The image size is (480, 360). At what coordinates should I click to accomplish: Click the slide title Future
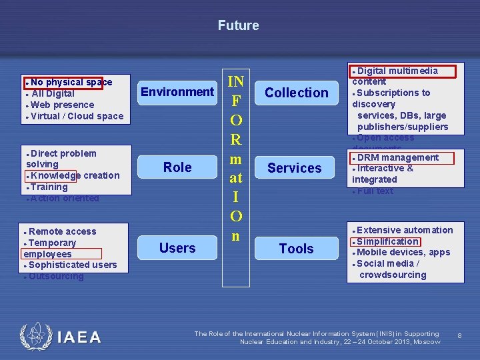click(x=238, y=26)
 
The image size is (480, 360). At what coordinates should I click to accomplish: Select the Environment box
click(x=177, y=92)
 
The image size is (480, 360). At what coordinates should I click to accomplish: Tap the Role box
click(x=177, y=167)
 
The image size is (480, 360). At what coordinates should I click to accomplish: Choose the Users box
click(x=177, y=248)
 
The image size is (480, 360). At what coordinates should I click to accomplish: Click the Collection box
click(x=297, y=93)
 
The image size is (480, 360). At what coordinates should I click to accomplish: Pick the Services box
click(x=295, y=168)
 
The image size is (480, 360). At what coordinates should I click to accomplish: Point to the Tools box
click(x=297, y=249)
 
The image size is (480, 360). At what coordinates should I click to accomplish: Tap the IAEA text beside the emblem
click(x=79, y=337)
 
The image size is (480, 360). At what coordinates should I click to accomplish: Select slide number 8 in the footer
click(x=459, y=336)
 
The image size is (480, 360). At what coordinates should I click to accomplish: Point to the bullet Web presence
click(x=62, y=105)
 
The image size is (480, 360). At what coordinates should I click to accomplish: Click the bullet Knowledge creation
click(x=75, y=175)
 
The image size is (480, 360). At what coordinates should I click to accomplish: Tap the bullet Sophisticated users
click(x=73, y=265)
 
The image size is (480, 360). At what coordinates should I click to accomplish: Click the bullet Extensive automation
click(x=405, y=230)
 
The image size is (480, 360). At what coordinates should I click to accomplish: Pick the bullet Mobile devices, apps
click(x=403, y=252)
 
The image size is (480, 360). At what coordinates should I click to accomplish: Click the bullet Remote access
click(x=62, y=231)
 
